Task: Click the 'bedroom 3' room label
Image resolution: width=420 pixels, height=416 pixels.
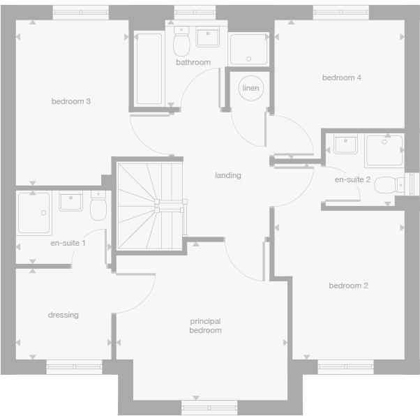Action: [x=71, y=102]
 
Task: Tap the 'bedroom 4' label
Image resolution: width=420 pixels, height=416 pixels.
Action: [x=341, y=78]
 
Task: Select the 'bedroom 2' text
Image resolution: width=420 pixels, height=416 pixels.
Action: [x=348, y=285]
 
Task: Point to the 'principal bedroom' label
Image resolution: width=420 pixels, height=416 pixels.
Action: [x=205, y=326]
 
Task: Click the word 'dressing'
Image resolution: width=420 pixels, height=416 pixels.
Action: [x=63, y=315]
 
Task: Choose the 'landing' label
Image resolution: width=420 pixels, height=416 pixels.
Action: [x=227, y=176]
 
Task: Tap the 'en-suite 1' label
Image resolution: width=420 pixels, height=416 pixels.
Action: [x=68, y=244]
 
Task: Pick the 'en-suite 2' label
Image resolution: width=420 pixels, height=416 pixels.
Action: [x=352, y=180]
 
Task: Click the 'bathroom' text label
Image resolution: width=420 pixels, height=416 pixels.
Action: [x=193, y=63]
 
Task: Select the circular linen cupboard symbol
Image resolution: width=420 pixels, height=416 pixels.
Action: [x=250, y=89]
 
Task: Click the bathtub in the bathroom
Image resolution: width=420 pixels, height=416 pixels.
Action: [x=149, y=68]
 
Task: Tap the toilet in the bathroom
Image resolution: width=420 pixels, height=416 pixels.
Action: [x=182, y=43]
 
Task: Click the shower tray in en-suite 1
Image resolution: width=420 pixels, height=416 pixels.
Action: [x=34, y=212]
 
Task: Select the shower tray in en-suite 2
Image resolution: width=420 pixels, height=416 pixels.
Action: [x=384, y=149]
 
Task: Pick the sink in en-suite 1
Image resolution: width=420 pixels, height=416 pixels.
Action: [x=71, y=202]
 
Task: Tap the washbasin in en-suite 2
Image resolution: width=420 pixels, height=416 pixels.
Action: [x=345, y=144]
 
